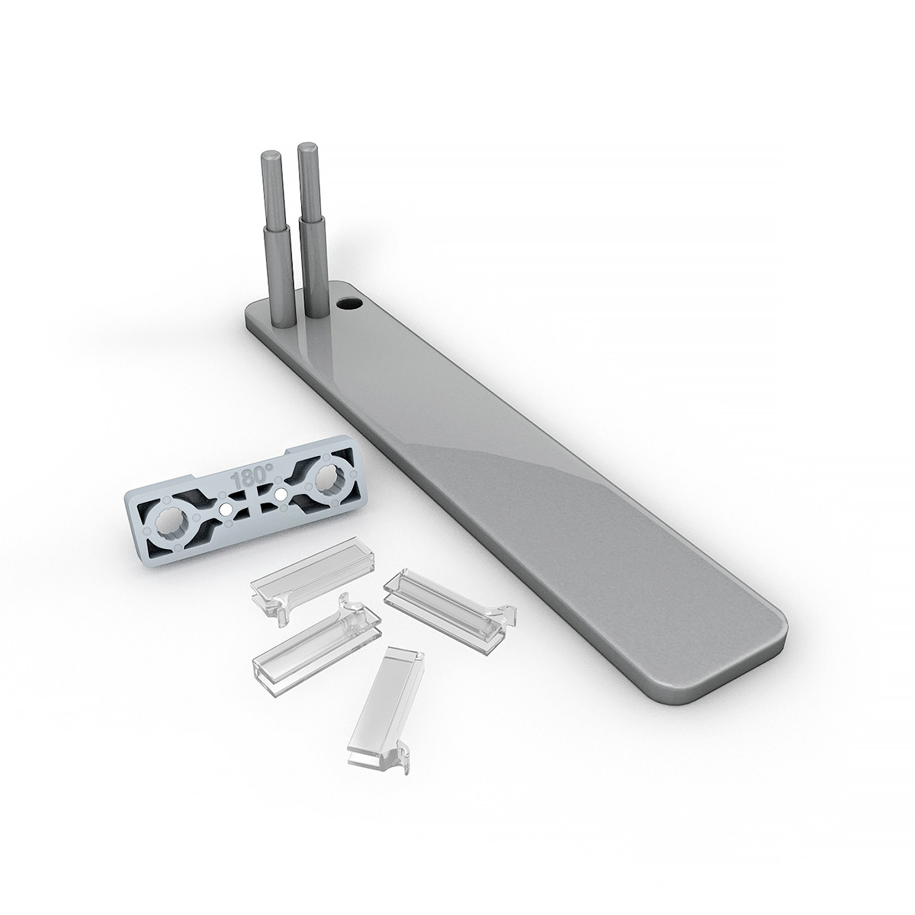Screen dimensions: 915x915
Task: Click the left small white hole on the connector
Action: click(x=225, y=506)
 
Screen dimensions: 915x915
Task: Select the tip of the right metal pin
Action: click(x=307, y=146)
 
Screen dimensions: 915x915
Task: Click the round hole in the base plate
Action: click(x=350, y=303)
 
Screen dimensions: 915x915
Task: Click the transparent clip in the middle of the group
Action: click(x=313, y=640)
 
